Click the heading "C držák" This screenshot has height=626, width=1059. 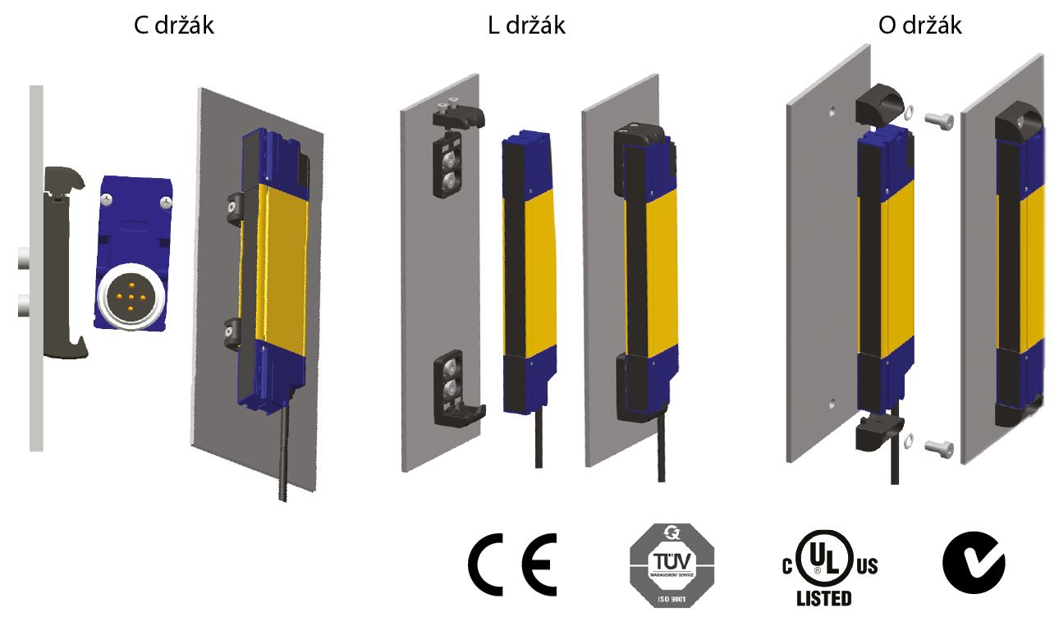(174, 25)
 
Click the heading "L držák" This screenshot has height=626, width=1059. (525, 25)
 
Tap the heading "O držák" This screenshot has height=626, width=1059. (919, 25)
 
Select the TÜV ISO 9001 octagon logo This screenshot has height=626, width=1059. (672, 566)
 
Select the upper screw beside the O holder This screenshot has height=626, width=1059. (940, 120)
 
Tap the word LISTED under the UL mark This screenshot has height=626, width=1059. (823, 598)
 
